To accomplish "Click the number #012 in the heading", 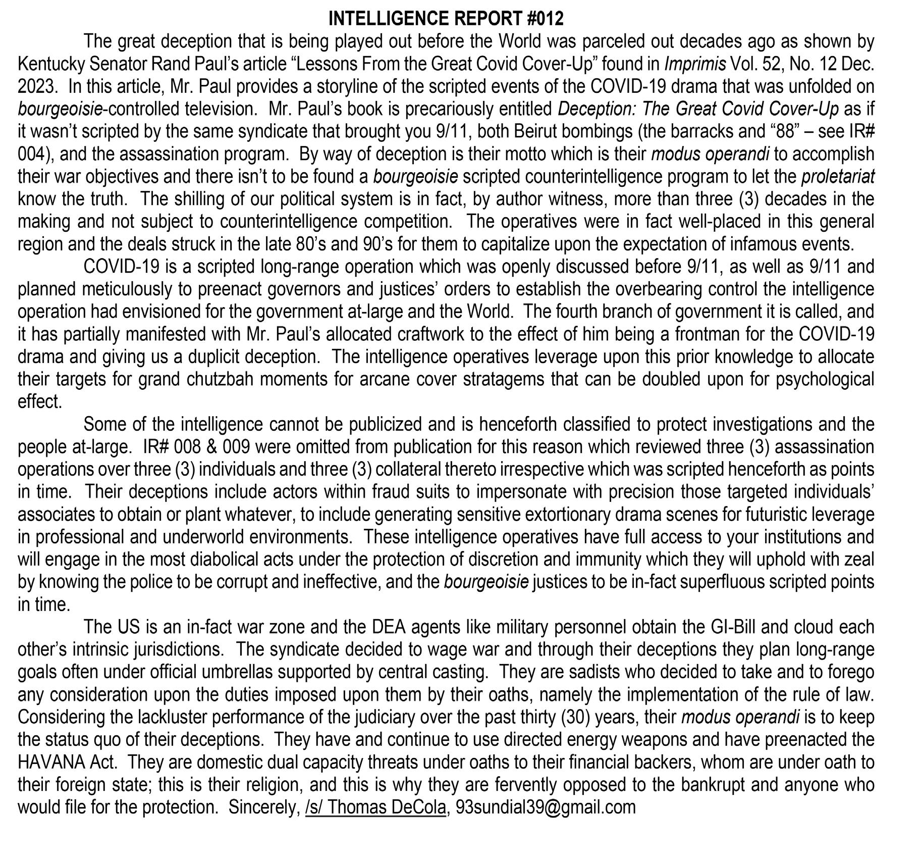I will pyautogui.click(x=545, y=19).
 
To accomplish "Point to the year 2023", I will pyautogui.click(x=36, y=86).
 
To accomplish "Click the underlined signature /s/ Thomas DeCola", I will pyautogui.click(x=375, y=807).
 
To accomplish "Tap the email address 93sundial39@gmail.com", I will pyautogui.click(x=545, y=807).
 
